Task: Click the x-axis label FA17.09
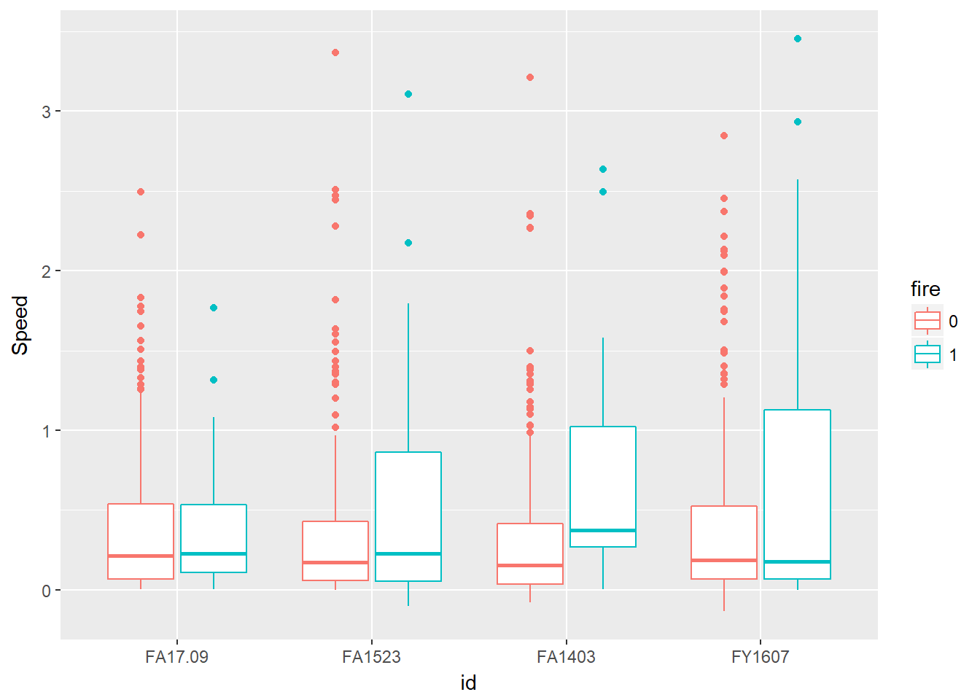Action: point(176,657)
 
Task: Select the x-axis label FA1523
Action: point(371,657)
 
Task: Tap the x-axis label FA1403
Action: point(566,657)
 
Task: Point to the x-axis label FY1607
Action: point(760,657)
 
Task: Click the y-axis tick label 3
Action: point(46,112)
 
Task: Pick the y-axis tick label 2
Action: point(46,271)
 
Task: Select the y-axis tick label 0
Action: point(46,591)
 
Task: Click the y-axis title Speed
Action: point(20,325)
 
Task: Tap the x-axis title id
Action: point(468,682)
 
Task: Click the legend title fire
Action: point(925,289)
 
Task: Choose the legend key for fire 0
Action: point(927,321)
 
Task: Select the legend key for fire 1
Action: point(927,354)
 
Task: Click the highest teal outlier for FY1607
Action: point(797,39)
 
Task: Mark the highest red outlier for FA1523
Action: point(335,52)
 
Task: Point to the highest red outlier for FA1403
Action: point(530,77)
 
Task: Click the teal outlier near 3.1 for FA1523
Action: point(408,94)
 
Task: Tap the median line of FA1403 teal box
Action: point(603,530)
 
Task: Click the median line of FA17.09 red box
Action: point(141,556)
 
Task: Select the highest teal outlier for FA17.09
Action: point(214,308)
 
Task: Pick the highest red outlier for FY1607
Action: point(724,136)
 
